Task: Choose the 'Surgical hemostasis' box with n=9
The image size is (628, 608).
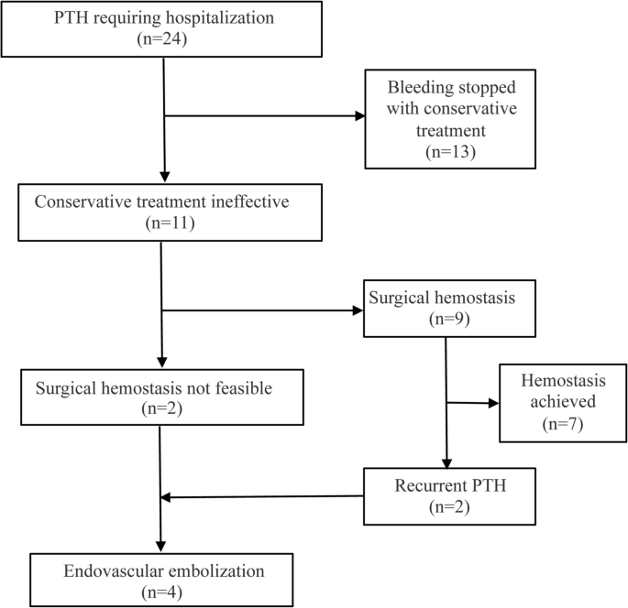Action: tap(445, 310)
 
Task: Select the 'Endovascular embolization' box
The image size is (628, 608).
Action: tap(162, 581)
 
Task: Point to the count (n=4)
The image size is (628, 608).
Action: tap(162, 592)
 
